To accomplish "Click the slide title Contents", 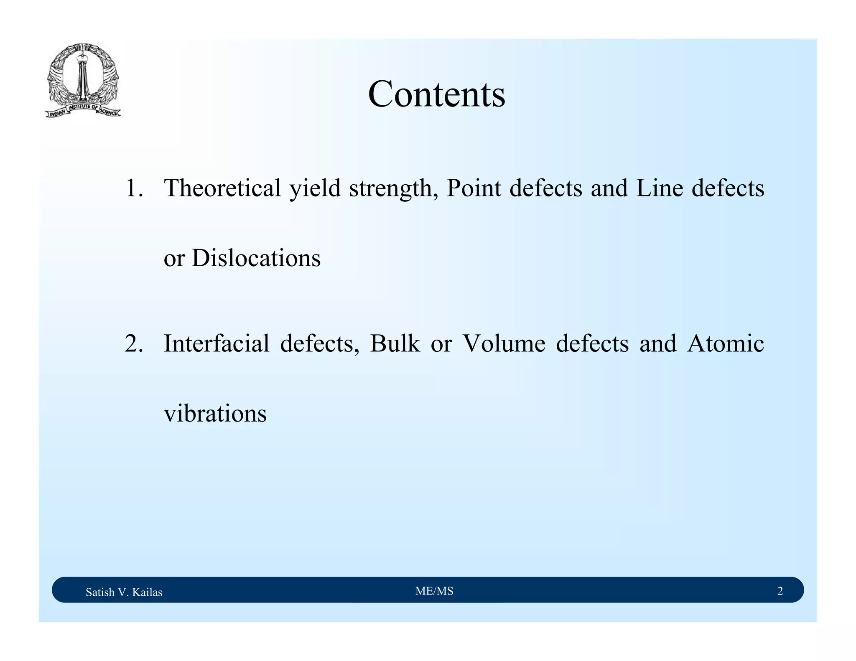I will click(x=436, y=94).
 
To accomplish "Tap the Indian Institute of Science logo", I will click(x=83, y=81).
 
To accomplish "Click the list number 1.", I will click(x=134, y=188).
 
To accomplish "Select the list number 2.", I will click(x=134, y=344).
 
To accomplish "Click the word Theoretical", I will click(x=222, y=188).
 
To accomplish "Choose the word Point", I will click(x=474, y=188).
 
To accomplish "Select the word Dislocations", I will click(x=256, y=258).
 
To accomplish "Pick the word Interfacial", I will click(x=217, y=344).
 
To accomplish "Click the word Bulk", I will click(x=395, y=344).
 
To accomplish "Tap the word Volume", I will click(x=504, y=344).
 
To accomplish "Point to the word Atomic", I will click(x=726, y=344).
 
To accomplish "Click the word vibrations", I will click(x=215, y=414).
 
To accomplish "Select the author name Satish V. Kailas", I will click(x=124, y=592).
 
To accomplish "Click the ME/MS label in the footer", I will click(x=434, y=591).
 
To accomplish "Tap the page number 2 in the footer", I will click(x=780, y=591).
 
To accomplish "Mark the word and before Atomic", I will click(x=658, y=344).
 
